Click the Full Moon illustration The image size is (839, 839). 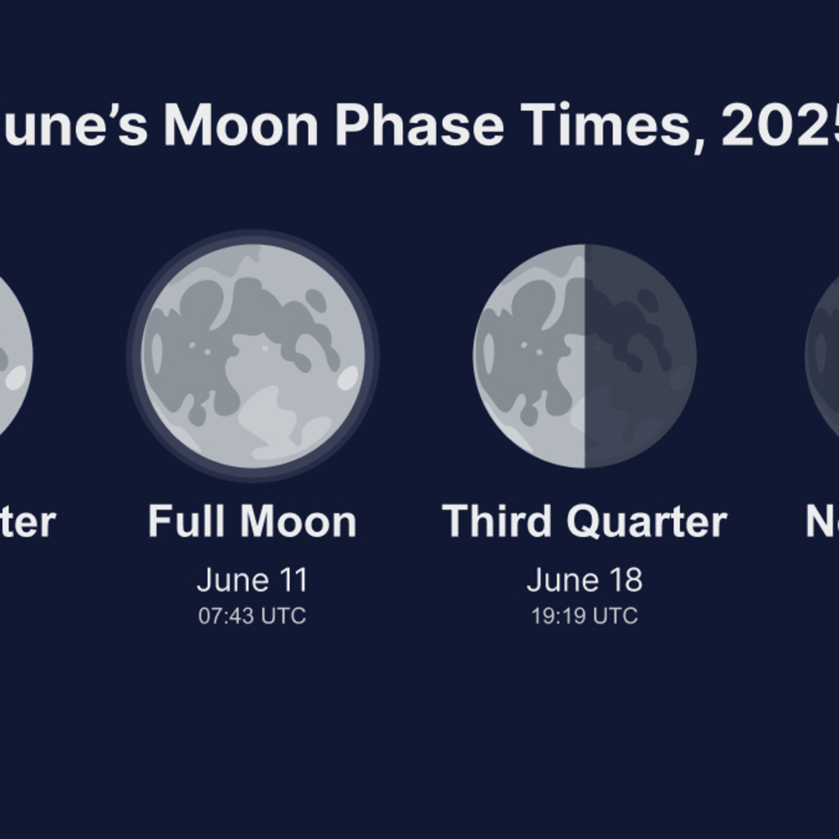252,356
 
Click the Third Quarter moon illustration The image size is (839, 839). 585,356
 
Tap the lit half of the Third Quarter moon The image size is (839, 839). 529,356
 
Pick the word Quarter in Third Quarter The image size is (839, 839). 646,520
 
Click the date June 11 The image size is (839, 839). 252,580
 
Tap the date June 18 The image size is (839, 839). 585,580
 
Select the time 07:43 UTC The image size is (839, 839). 252,616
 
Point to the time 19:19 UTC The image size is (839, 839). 585,616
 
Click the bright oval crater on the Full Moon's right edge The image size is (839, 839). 348,378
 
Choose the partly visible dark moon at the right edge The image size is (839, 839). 823,356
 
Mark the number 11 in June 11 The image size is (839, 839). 294,580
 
